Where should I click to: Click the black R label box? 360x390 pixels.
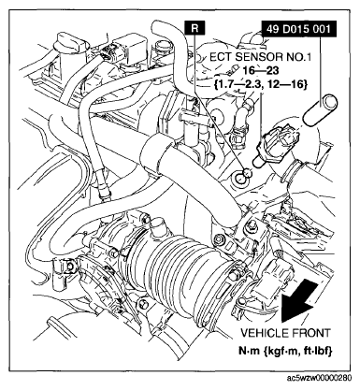point(194,28)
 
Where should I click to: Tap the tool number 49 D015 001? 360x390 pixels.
point(298,29)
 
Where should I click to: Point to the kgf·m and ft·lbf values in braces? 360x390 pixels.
point(261,84)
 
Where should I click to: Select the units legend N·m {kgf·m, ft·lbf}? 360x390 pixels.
point(285,351)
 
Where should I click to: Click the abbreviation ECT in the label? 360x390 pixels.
point(220,57)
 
